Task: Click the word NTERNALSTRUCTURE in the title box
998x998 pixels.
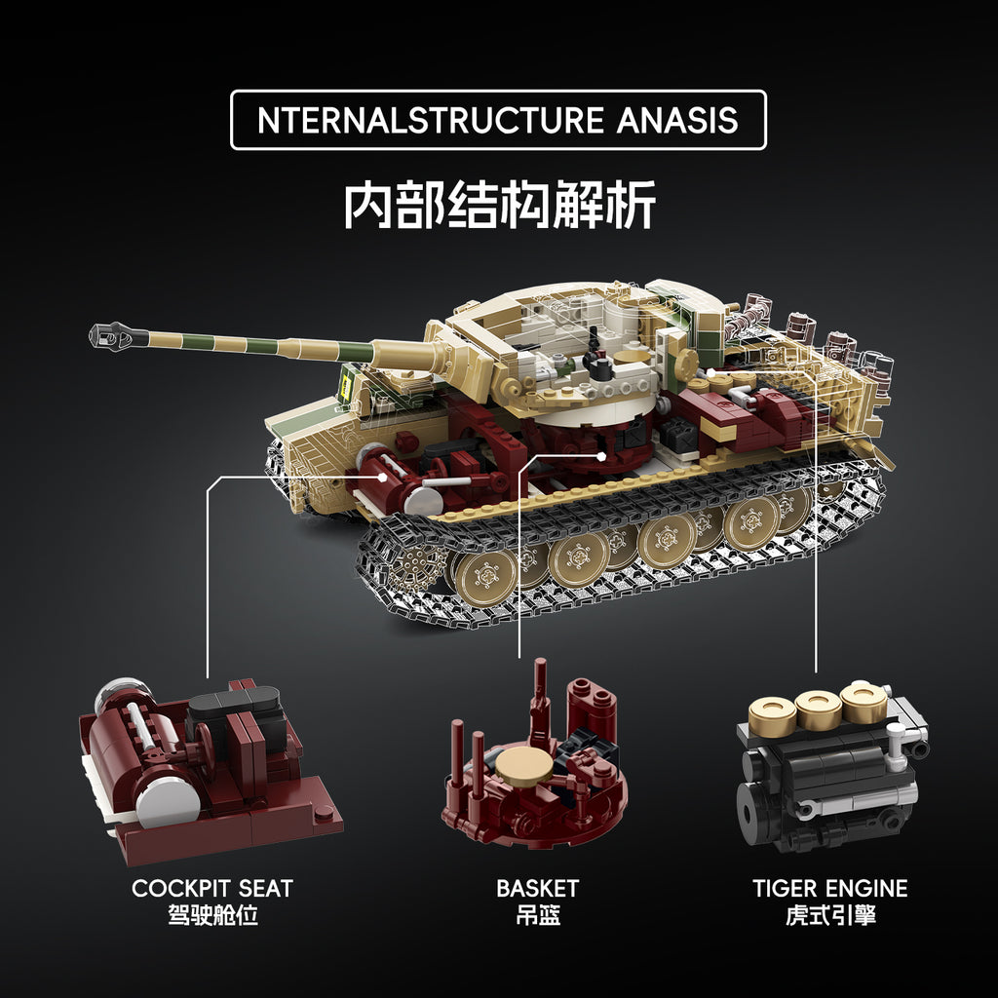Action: point(432,121)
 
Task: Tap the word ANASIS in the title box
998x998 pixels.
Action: point(677,121)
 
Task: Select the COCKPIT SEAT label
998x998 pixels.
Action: point(211,888)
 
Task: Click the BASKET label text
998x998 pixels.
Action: point(537,888)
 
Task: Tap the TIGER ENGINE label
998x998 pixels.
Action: point(829,888)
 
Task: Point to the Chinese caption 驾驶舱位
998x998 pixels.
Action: point(211,916)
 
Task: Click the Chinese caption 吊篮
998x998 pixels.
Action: point(537,916)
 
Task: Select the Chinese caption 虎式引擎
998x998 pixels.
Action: point(829,916)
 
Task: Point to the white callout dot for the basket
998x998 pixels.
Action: point(603,454)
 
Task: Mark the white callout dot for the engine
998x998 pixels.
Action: point(713,372)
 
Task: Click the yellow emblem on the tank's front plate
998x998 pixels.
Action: point(343,384)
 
